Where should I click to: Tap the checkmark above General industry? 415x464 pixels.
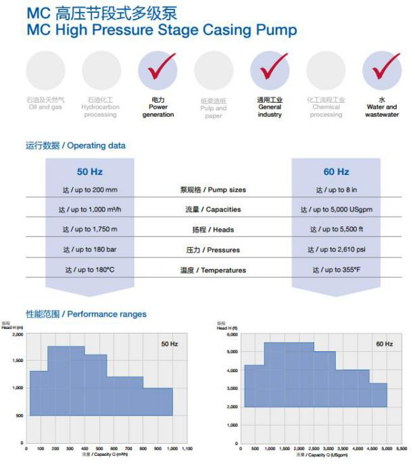[270, 68]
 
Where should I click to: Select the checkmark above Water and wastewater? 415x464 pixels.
[382, 68]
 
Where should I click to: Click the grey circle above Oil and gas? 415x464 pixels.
[46, 70]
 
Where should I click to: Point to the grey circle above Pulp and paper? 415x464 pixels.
[214, 70]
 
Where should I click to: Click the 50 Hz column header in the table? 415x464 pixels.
[90, 172]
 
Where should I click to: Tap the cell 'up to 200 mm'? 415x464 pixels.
[90, 190]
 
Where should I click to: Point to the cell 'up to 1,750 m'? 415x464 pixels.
[90, 230]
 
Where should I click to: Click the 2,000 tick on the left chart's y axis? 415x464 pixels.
[17, 334]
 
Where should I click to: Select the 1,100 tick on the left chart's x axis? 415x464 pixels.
[187, 448]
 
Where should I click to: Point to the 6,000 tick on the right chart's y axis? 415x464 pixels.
[231, 335]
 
